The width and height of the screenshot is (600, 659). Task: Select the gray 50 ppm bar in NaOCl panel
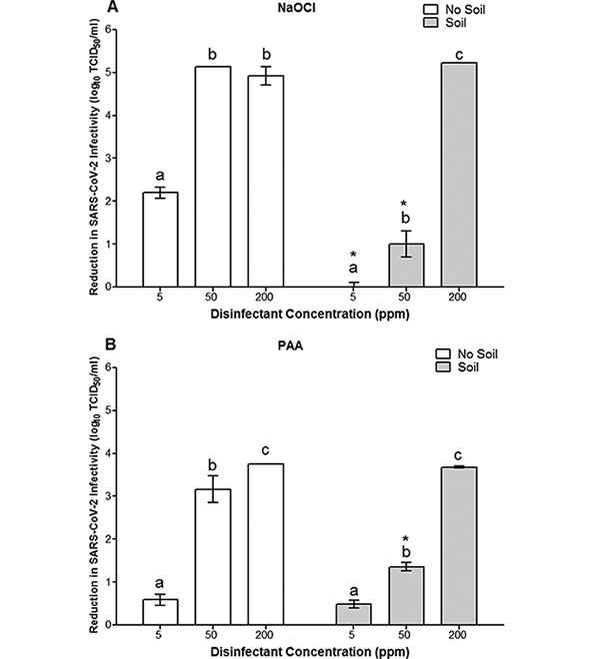click(407, 265)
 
